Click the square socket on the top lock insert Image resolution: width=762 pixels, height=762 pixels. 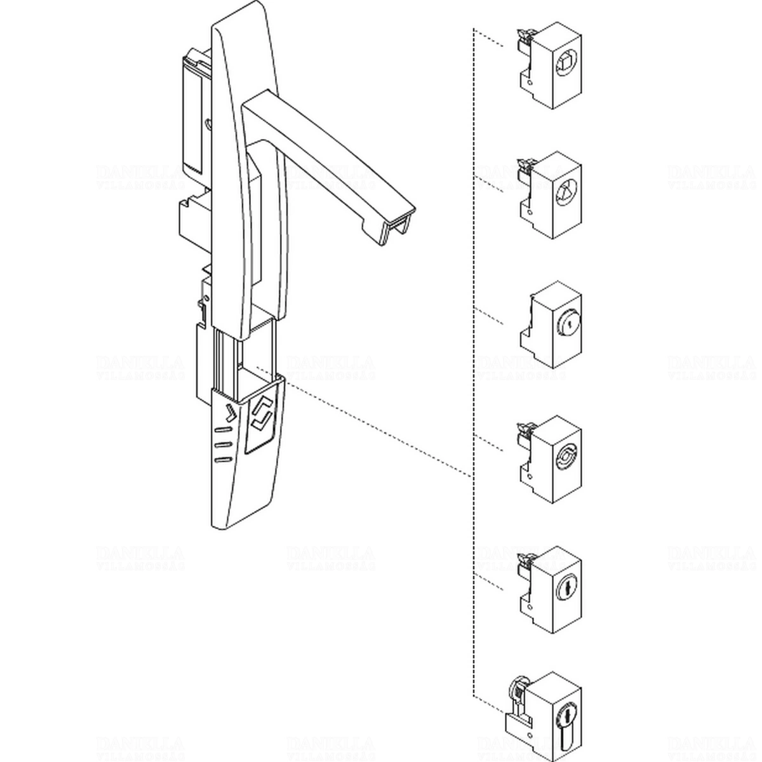coord(565,63)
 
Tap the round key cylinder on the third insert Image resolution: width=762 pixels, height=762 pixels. coord(565,325)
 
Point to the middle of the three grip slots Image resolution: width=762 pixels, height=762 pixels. coord(222,444)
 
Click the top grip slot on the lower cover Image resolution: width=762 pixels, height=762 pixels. coord(222,431)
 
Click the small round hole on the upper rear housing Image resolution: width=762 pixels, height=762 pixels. coord(208,124)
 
